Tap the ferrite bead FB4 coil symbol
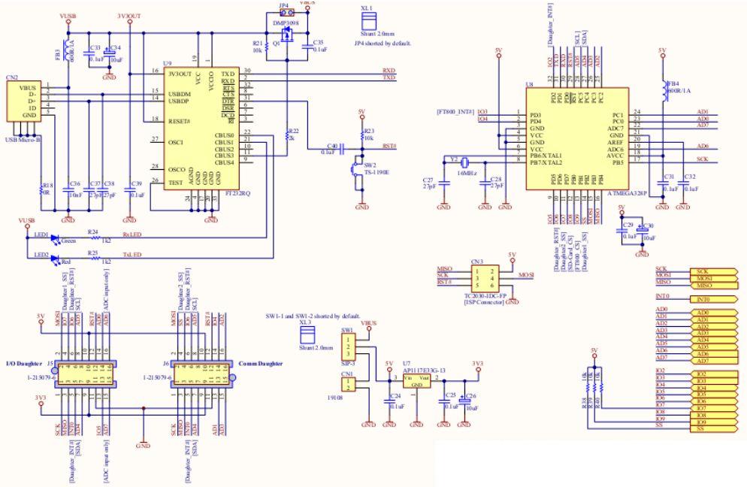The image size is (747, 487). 662,89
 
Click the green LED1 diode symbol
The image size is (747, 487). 53,237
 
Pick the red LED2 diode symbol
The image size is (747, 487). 53,258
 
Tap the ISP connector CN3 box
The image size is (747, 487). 481,277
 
